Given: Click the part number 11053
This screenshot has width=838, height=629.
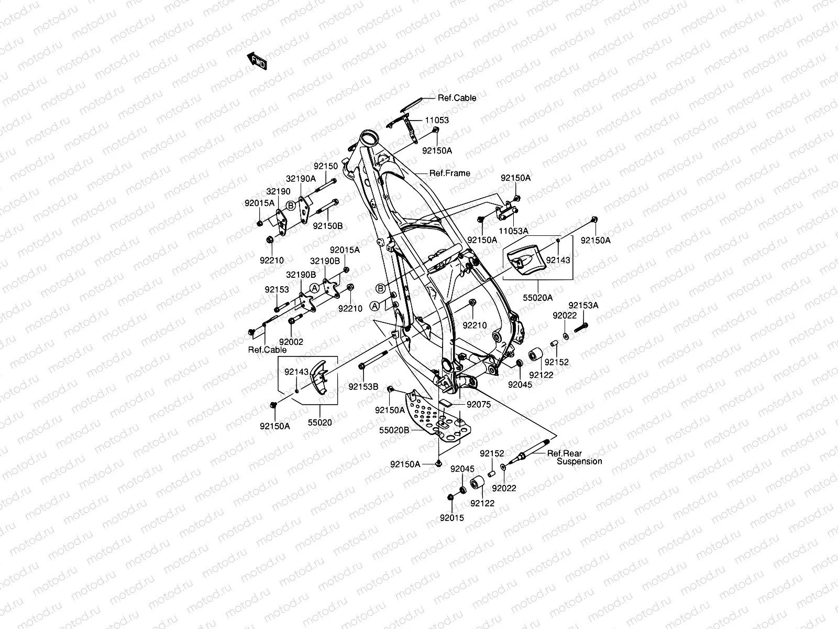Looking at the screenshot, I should [x=436, y=120].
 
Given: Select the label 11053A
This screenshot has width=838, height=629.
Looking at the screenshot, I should [x=513, y=231].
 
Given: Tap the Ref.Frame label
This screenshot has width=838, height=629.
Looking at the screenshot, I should [x=449, y=173].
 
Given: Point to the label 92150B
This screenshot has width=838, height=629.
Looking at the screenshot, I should [x=328, y=226].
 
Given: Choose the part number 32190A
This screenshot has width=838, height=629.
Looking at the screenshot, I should [x=301, y=178].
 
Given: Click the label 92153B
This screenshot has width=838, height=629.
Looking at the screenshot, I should [x=363, y=387].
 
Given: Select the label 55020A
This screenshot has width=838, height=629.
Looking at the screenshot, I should [x=538, y=298].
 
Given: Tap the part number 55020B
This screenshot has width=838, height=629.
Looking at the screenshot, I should [x=394, y=430].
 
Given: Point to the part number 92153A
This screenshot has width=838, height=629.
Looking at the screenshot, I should [x=583, y=305].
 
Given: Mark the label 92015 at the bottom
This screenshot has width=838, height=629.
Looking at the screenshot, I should [x=451, y=518].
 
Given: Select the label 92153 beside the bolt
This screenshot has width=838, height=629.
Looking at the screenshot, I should [x=277, y=289].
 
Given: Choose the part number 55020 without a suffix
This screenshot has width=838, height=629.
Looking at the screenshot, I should [x=319, y=422].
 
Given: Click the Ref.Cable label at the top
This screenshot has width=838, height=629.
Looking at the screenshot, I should [x=457, y=98].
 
